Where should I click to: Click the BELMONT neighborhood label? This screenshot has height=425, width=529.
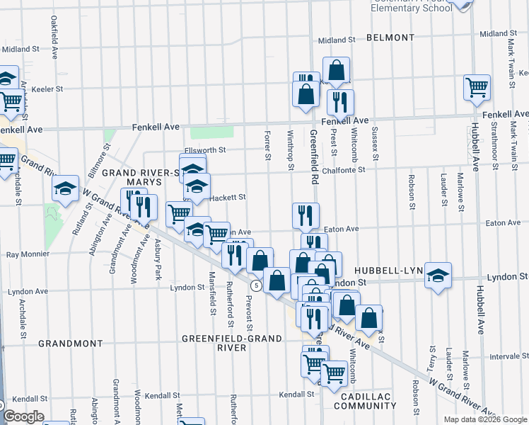390,37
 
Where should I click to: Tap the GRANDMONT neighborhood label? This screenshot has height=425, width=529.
66,343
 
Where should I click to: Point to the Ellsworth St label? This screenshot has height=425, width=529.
204,150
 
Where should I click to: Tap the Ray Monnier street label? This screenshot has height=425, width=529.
27,254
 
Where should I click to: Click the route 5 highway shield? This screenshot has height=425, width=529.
256,284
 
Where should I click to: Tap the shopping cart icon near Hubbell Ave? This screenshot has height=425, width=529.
477,88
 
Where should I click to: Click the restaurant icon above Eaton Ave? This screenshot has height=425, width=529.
306,215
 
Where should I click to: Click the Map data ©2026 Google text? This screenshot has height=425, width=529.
485,419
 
